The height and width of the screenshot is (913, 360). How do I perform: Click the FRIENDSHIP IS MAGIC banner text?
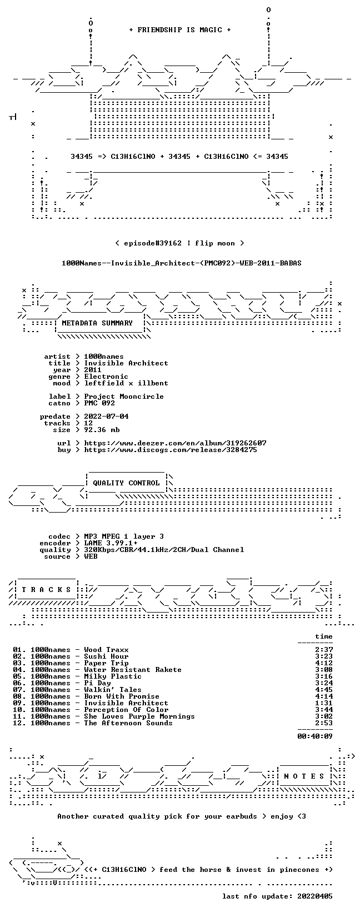pos(180,30)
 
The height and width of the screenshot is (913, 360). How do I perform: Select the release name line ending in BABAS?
pos(182,263)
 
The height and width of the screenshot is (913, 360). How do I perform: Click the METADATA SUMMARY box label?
pos(97,323)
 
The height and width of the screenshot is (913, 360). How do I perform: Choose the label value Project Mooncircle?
pos(124,397)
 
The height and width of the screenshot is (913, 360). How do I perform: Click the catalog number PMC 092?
pos(99,403)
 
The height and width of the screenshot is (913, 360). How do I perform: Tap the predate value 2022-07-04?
pos(106,417)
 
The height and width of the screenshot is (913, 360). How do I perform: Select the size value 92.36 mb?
pos(102,430)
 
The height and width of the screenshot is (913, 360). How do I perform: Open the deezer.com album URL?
pos(176,443)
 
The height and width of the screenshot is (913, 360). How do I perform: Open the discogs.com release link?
pos(171,450)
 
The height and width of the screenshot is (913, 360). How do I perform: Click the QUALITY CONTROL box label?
pos(126,483)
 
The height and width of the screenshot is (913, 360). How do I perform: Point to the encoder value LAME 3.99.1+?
pos(111,543)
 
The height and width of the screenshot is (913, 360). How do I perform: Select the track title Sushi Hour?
pos(106,656)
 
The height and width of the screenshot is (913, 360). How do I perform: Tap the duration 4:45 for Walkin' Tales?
pos(324,690)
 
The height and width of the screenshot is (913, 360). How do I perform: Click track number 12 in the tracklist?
pos(18,723)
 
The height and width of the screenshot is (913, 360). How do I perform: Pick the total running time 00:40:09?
pos(315,736)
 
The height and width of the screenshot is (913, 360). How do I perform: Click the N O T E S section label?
pos(304,776)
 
